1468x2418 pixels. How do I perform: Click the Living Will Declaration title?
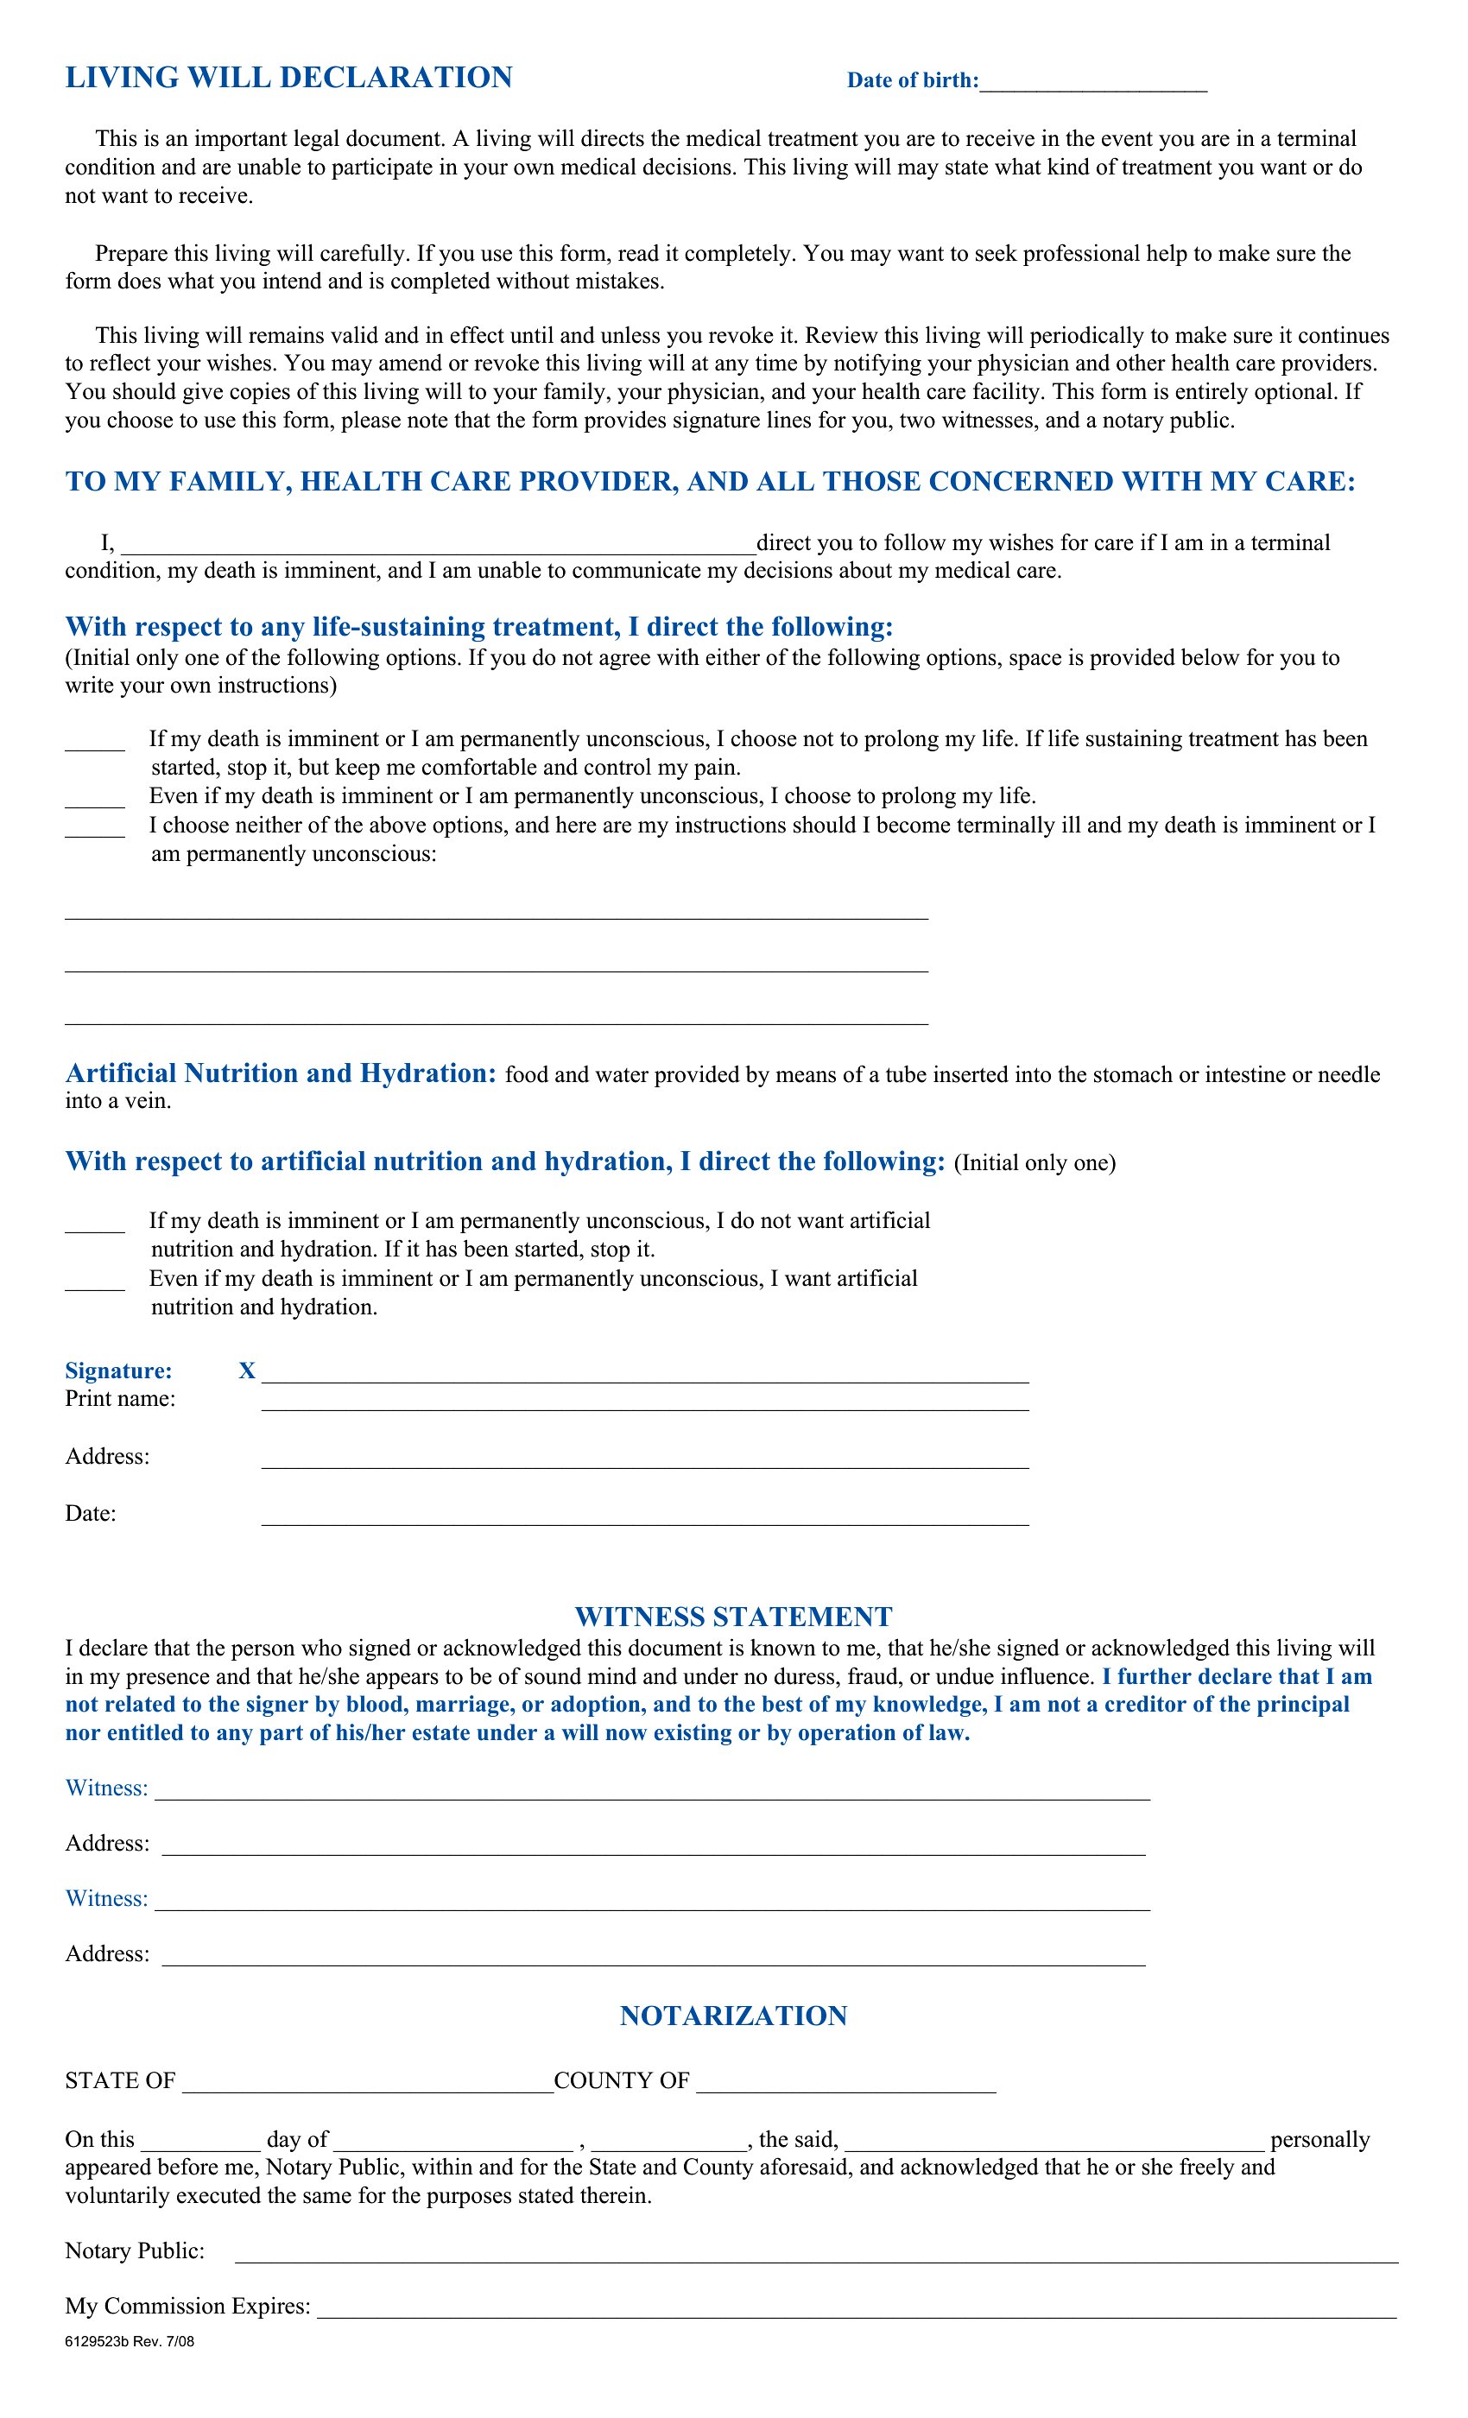(x=288, y=78)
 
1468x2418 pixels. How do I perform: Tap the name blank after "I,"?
(x=438, y=548)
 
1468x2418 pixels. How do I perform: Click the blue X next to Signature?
(x=246, y=1371)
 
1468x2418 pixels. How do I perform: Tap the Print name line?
(x=645, y=1403)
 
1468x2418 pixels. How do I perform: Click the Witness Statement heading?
(x=733, y=1617)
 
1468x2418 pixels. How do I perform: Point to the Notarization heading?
(x=733, y=2016)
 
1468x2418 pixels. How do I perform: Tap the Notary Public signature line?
(x=816, y=2255)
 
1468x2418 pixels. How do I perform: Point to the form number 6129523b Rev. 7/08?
(x=130, y=2341)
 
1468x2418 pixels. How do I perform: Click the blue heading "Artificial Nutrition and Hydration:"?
(x=281, y=1073)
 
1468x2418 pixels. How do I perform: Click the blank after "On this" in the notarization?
(x=200, y=2143)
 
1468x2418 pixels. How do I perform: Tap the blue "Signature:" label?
(x=119, y=1371)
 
